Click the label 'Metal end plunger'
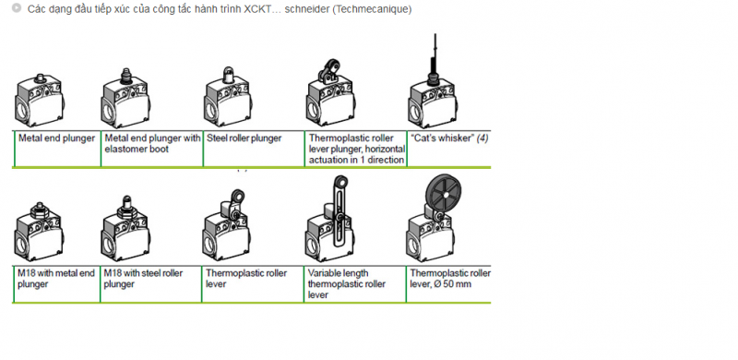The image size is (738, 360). tap(56, 138)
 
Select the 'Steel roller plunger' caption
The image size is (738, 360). tap(244, 138)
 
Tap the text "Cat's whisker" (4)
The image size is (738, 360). tap(449, 138)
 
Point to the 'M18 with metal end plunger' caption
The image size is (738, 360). tap(56, 279)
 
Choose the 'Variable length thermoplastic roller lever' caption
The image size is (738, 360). tap(347, 283)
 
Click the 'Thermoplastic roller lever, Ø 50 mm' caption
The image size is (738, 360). tap(450, 279)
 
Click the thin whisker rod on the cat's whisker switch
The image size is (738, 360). tap(435, 52)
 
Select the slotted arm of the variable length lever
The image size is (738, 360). tap(339, 216)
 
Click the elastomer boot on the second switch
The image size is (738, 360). tap(125, 78)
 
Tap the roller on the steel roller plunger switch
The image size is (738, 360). tap(228, 74)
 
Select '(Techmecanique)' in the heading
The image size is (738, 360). tap(372, 9)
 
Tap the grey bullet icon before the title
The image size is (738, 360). tap(17, 8)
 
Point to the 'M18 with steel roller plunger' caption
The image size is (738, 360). tap(143, 279)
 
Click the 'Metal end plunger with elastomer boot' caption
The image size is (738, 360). tap(152, 144)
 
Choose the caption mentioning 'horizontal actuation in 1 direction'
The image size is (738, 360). tap(357, 149)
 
